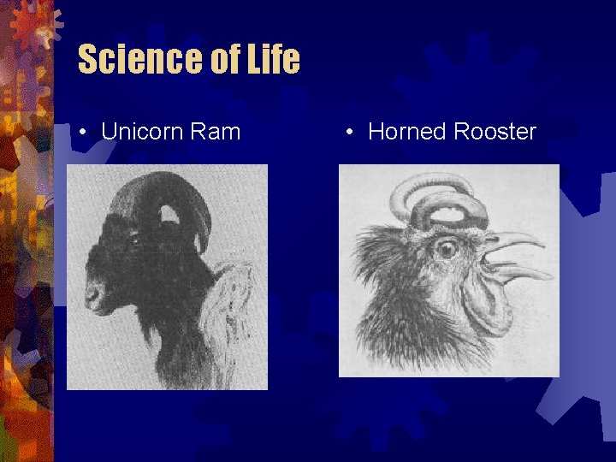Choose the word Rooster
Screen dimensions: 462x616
click(x=495, y=132)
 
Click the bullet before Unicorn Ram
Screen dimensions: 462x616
click(x=81, y=133)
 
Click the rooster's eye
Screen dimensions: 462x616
click(x=445, y=249)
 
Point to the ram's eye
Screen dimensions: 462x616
click(x=135, y=241)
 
